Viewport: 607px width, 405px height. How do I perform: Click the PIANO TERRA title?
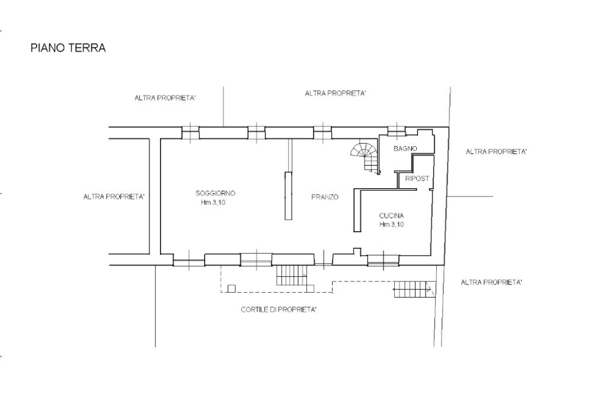click(68, 48)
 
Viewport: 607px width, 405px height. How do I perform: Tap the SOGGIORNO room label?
click(215, 193)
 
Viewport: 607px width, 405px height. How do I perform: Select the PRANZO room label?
click(325, 197)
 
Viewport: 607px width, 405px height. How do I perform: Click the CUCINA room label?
click(391, 216)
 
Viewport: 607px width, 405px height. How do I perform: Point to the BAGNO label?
click(405, 148)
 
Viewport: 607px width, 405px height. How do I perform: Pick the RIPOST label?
click(417, 178)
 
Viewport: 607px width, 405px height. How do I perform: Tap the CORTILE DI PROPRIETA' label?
click(279, 309)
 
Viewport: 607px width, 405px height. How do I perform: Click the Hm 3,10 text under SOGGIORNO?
click(213, 202)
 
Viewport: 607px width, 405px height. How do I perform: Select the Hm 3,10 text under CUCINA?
click(392, 224)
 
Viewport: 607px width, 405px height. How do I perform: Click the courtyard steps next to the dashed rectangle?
click(292, 276)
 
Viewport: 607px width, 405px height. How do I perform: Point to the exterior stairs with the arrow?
click(415, 289)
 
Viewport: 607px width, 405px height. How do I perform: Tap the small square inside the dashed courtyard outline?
click(232, 288)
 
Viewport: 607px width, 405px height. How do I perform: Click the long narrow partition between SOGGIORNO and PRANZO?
click(289, 195)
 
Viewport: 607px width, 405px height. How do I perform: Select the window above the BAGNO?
click(397, 131)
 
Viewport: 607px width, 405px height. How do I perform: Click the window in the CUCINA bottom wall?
click(384, 260)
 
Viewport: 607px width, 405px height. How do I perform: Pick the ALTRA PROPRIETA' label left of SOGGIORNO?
click(114, 197)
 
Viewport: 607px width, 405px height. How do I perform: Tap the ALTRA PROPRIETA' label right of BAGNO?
click(496, 151)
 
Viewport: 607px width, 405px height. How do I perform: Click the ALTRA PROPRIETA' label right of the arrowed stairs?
click(491, 283)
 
